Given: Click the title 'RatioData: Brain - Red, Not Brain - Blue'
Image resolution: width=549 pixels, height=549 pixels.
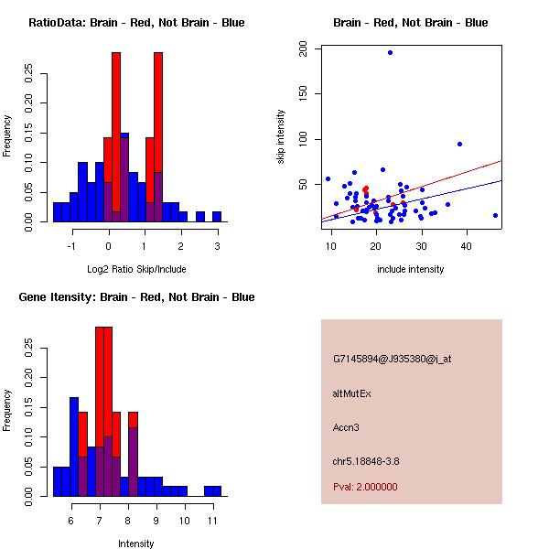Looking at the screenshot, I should (x=136, y=23).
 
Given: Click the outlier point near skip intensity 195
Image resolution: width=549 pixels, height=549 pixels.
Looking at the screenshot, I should (x=390, y=52).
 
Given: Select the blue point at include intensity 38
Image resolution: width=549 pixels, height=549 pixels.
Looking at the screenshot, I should (x=459, y=144).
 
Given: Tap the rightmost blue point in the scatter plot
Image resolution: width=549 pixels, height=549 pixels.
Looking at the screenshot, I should (x=495, y=215).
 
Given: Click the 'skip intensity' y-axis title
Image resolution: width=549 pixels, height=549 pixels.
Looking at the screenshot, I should (x=281, y=136).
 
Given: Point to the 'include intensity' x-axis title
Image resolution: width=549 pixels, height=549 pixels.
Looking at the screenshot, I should (x=411, y=269).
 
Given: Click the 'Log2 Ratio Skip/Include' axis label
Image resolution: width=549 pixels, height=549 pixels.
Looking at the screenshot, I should (x=136, y=269).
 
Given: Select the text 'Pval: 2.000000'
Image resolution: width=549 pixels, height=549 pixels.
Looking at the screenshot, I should (x=365, y=487).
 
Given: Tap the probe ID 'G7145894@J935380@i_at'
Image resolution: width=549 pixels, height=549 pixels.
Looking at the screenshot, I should (x=393, y=359).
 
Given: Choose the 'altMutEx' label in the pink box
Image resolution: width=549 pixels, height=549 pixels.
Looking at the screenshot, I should (x=350, y=393).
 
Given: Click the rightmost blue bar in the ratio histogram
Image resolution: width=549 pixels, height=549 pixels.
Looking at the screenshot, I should (x=217, y=216).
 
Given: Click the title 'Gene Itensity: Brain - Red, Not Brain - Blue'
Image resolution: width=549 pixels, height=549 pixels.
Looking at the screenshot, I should (x=136, y=297).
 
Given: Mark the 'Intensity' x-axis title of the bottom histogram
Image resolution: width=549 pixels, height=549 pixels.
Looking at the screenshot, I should (x=136, y=544).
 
